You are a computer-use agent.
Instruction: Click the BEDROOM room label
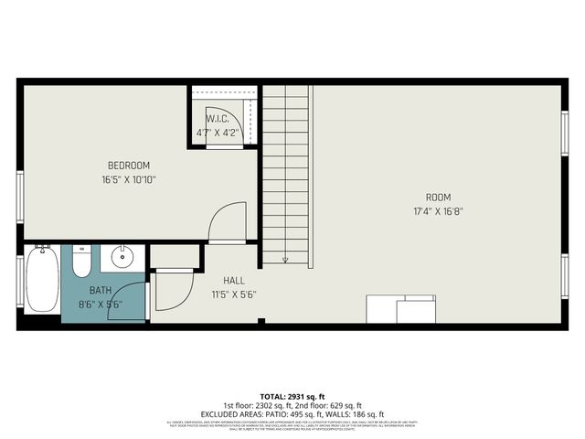pos(128,166)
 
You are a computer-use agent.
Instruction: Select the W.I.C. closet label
pos(217,119)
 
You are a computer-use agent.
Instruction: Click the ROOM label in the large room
pos(438,198)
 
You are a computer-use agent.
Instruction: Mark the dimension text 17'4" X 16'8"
pos(438,211)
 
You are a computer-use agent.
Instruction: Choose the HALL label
pos(233,281)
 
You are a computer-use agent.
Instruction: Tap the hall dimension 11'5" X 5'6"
pos(233,294)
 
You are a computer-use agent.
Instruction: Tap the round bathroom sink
pos(123,259)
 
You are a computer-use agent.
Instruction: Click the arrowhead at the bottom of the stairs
pos(285,260)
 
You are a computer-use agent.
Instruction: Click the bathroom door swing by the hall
pos(171,291)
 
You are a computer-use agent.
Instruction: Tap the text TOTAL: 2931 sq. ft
pos(292,396)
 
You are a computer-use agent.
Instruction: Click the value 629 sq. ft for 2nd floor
pos(344,405)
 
